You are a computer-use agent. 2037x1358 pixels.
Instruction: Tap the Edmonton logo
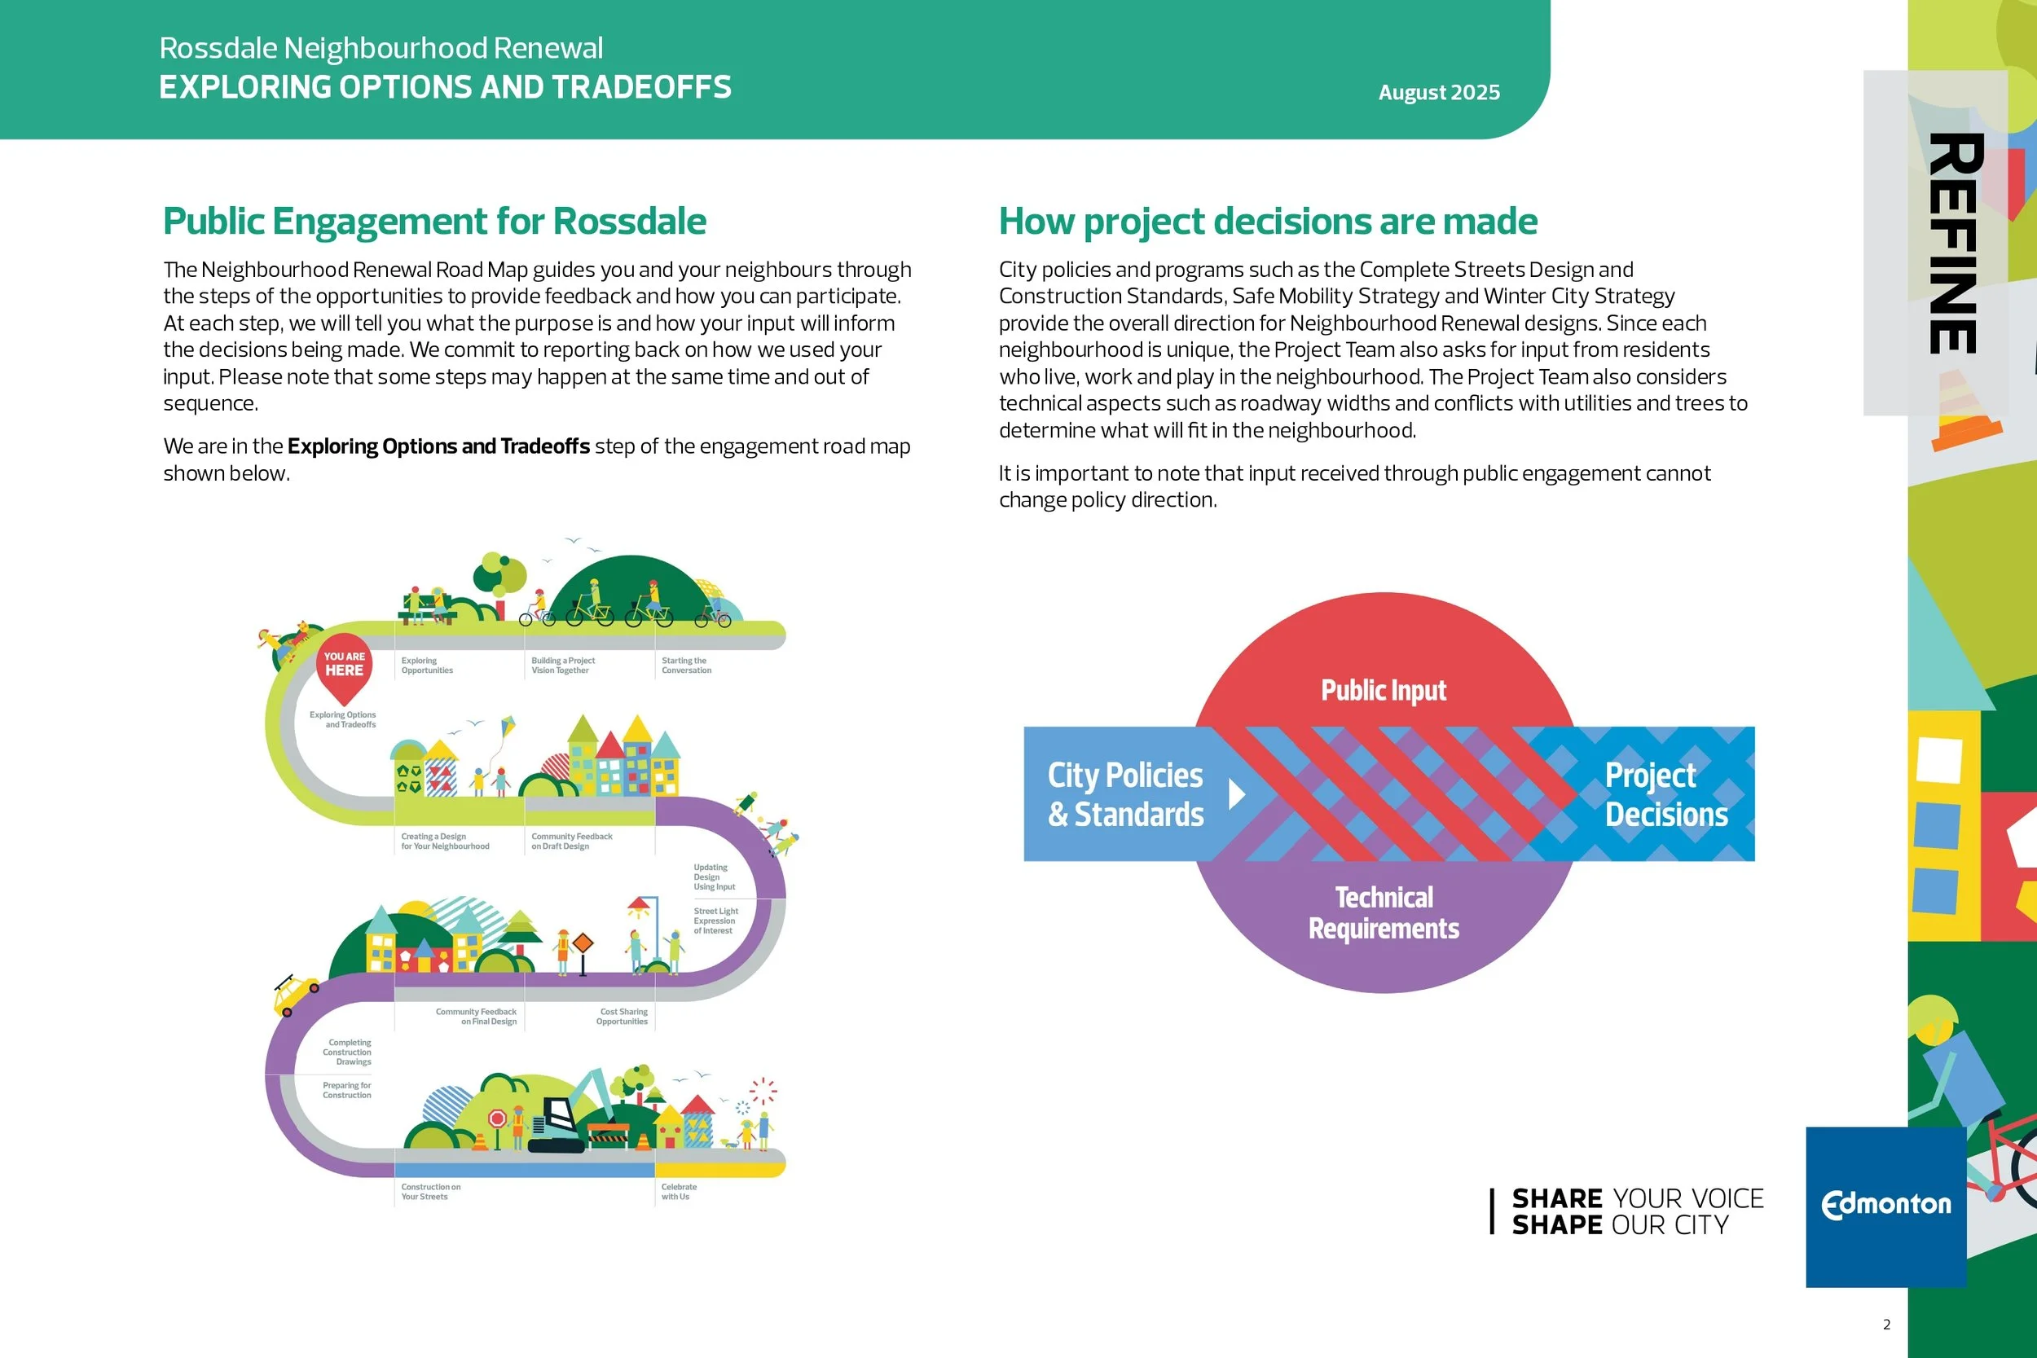tap(1885, 1205)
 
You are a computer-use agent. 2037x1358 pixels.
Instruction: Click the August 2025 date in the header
tap(1439, 93)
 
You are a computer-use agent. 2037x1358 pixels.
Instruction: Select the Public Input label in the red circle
tap(1383, 690)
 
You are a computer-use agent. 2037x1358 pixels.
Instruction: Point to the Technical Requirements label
tap(1383, 913)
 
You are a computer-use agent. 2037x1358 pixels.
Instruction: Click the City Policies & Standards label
tap(1125, 794)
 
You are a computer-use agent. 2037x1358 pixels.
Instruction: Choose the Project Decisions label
tap(1665, 794)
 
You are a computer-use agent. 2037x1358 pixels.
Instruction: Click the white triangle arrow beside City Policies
tap(1237, 793)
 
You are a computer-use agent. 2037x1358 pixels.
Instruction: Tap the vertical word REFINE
tap(1954, 244)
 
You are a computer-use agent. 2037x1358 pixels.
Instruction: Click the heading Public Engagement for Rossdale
tap(434, 221)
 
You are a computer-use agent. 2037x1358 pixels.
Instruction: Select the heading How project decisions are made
tap(1268, 221)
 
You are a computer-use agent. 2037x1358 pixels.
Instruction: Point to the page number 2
tap(1886, 1325)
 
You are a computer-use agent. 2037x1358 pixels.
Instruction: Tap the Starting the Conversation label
tap(686, 665)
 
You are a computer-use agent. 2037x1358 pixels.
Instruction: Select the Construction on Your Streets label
tap(430, 1192)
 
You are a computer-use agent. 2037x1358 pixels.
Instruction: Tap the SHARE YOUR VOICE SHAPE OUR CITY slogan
tap(1636, 1211)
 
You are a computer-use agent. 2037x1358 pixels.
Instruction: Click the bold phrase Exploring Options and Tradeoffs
tap(438, 446)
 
